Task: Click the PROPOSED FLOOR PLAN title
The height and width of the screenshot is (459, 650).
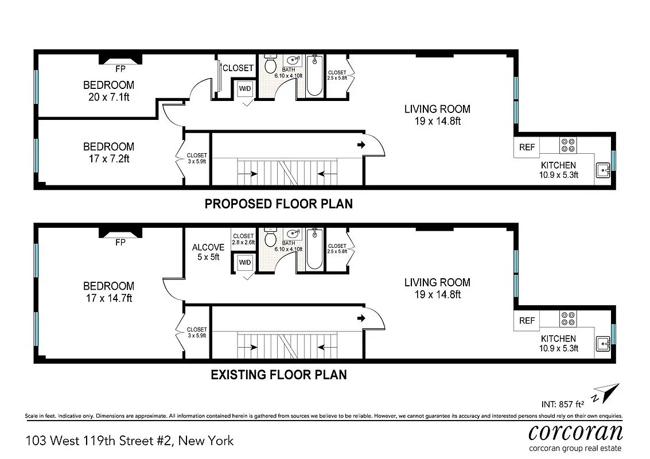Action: point(279,204)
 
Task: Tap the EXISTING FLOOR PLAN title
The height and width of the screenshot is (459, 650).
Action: point(279,375)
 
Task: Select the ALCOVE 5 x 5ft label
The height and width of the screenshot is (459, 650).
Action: point(208,252)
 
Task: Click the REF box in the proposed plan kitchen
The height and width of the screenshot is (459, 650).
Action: point(527,147)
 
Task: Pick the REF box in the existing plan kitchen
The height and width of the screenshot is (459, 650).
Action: point(527,321)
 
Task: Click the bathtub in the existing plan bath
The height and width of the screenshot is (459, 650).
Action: point(314,250)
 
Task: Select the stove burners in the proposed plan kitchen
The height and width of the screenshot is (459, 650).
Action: point(567,145)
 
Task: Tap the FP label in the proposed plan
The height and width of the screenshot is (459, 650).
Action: point(120,69)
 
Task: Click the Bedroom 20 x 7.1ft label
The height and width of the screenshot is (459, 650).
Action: point(109,91)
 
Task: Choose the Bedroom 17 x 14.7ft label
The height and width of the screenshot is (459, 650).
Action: point(109,291)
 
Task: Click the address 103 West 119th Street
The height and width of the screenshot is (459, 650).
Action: point(130,441)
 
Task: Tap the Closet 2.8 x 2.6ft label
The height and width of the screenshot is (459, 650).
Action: point(243,239)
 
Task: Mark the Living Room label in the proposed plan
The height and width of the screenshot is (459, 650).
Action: point(437,114)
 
